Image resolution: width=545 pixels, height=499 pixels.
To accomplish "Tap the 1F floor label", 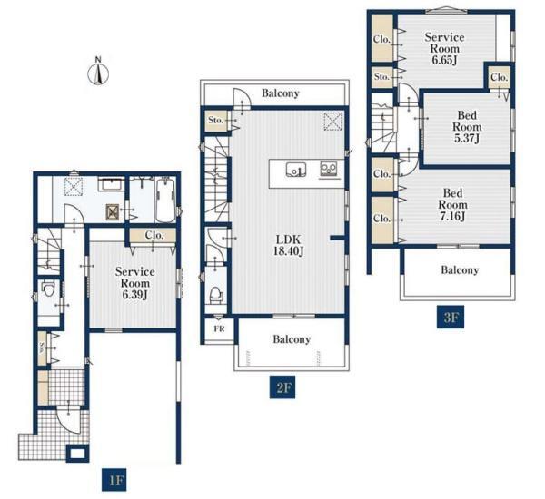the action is tap(114, 480).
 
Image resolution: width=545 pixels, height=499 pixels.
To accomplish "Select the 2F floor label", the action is tap(282, 387).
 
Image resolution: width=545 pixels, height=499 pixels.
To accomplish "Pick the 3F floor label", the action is tap(451, 317).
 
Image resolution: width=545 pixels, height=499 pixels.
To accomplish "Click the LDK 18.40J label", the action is tap(288, 245).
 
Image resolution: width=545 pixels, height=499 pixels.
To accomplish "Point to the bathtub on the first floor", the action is tap(166, 200).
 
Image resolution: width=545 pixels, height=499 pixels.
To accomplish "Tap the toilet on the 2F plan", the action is tap(215, 296).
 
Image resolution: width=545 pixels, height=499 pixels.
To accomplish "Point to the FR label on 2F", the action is tap(219, 328).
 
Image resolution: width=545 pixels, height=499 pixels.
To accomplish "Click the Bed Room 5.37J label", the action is tap(467, 127).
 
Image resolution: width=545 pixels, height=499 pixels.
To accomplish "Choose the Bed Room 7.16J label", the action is tap(452, 204).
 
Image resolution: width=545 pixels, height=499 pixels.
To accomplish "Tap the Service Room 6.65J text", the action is tap(444, 49).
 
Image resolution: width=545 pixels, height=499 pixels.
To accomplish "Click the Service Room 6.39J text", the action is tap(134, 283).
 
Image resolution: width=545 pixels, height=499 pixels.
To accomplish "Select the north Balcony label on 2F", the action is tap(280, 93).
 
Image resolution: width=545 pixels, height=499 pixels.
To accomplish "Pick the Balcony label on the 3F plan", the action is tap(460, 269).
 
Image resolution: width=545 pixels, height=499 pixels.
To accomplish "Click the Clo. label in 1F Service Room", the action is tap(154, 235).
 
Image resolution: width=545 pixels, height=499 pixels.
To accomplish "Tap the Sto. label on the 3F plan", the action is tap(381, 76).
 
